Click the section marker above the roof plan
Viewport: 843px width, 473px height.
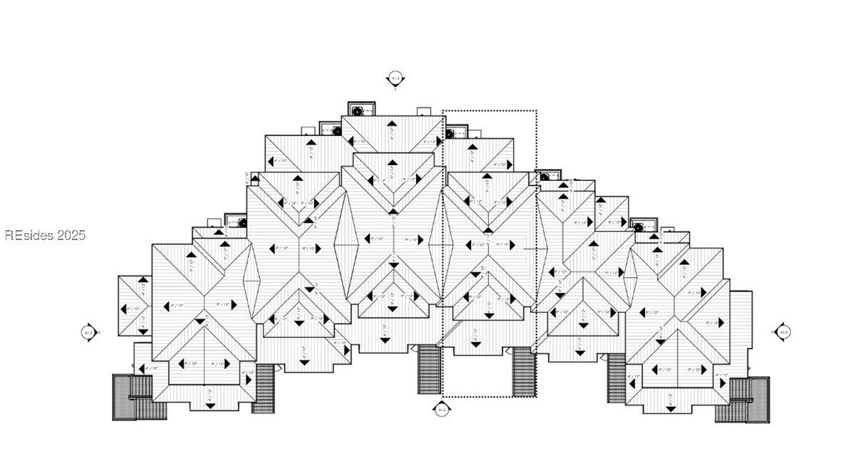point(395,78)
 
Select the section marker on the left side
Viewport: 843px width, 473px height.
point(89,332)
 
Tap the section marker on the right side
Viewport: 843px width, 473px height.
point(782,332)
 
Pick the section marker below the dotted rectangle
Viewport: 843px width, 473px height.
point(442,410)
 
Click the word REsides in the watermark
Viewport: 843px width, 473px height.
point(28,235)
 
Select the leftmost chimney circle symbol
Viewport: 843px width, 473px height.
point(242,223)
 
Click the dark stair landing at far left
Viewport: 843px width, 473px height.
point(123,397)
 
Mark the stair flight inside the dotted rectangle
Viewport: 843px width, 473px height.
point(524,372)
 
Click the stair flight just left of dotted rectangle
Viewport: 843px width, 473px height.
point(428,369)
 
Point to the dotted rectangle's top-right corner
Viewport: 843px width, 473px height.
point(536,111)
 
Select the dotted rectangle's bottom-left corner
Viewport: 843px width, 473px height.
point(443,397)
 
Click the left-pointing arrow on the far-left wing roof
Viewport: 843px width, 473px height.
point(122,308)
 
